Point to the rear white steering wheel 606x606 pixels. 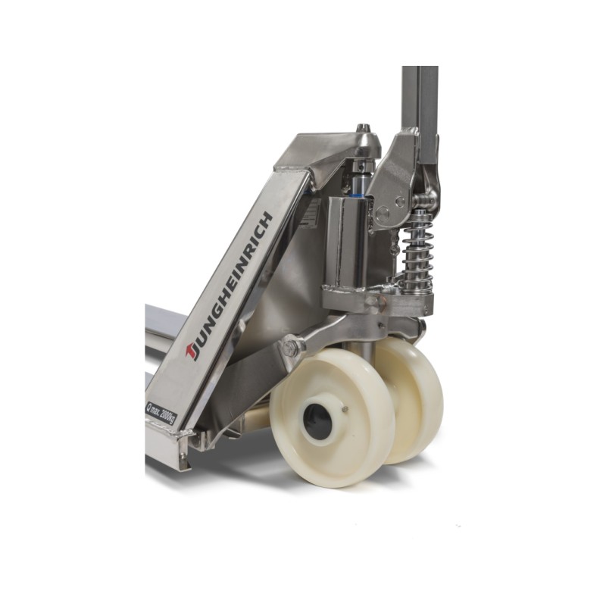click(413, 400)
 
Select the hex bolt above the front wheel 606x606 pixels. click(290, 348)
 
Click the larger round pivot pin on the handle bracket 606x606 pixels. click(383, 212)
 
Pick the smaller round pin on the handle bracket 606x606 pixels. click(401, 201)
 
